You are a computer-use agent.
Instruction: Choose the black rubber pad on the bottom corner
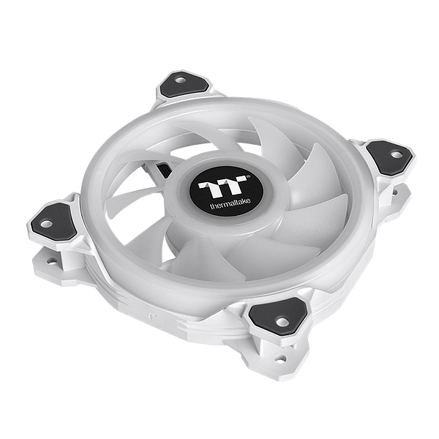[x=278, y=316]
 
